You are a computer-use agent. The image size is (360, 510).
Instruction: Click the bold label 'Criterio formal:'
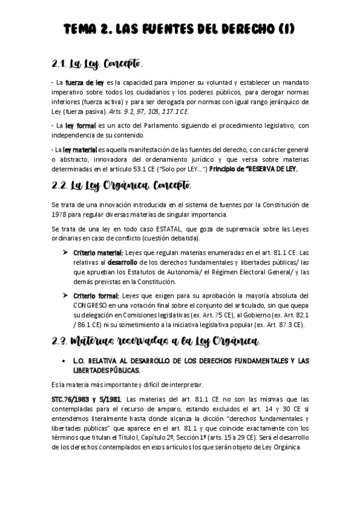pyautogui.click(x=96, y=296)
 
